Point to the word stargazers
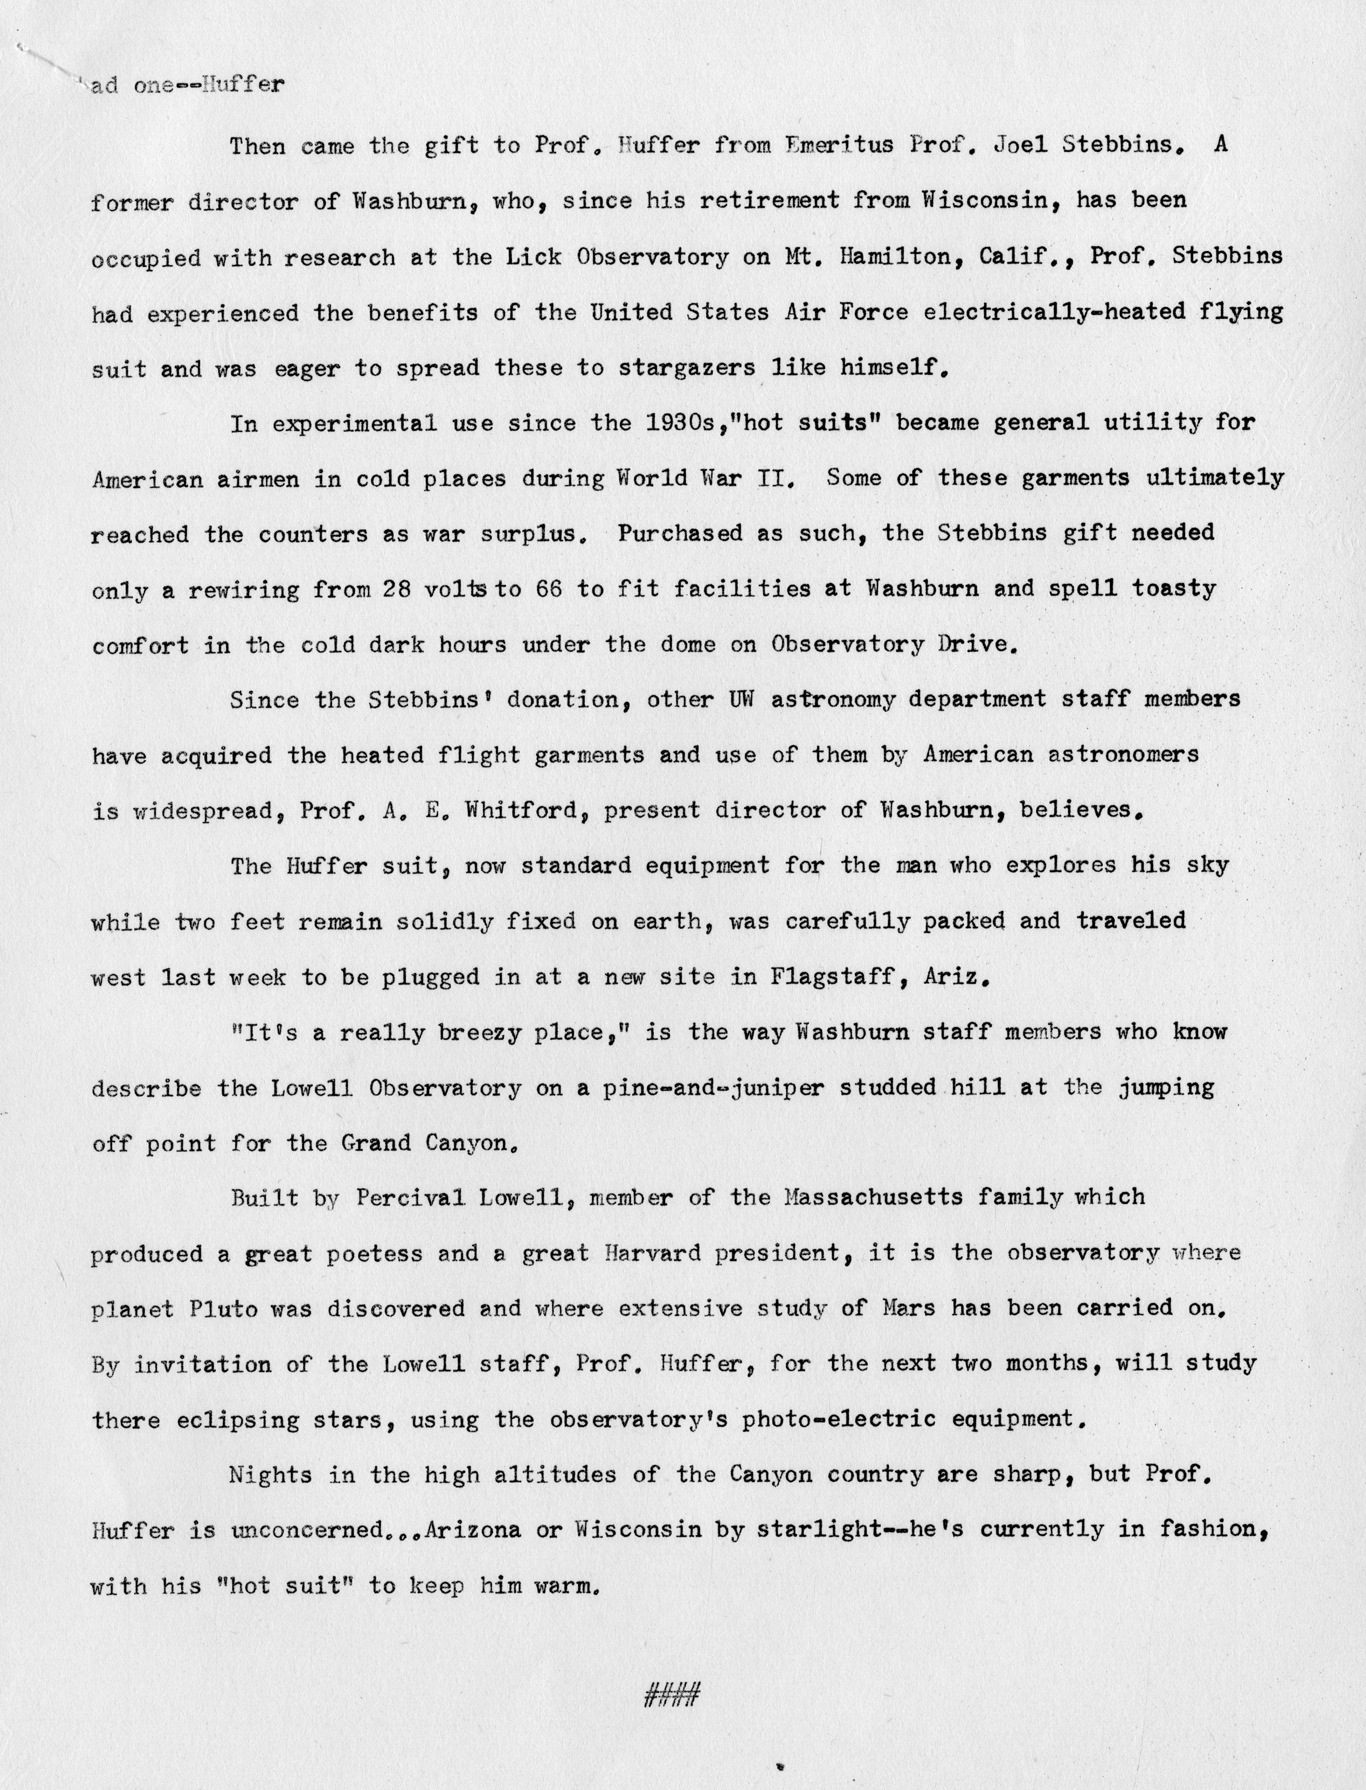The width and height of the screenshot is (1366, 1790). [x=687, y=368]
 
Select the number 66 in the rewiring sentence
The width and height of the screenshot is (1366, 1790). [x=549, y=589]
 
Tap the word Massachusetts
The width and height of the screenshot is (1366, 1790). [x=874, y=1198]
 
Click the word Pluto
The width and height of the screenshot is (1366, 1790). [x=223, y=1309]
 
